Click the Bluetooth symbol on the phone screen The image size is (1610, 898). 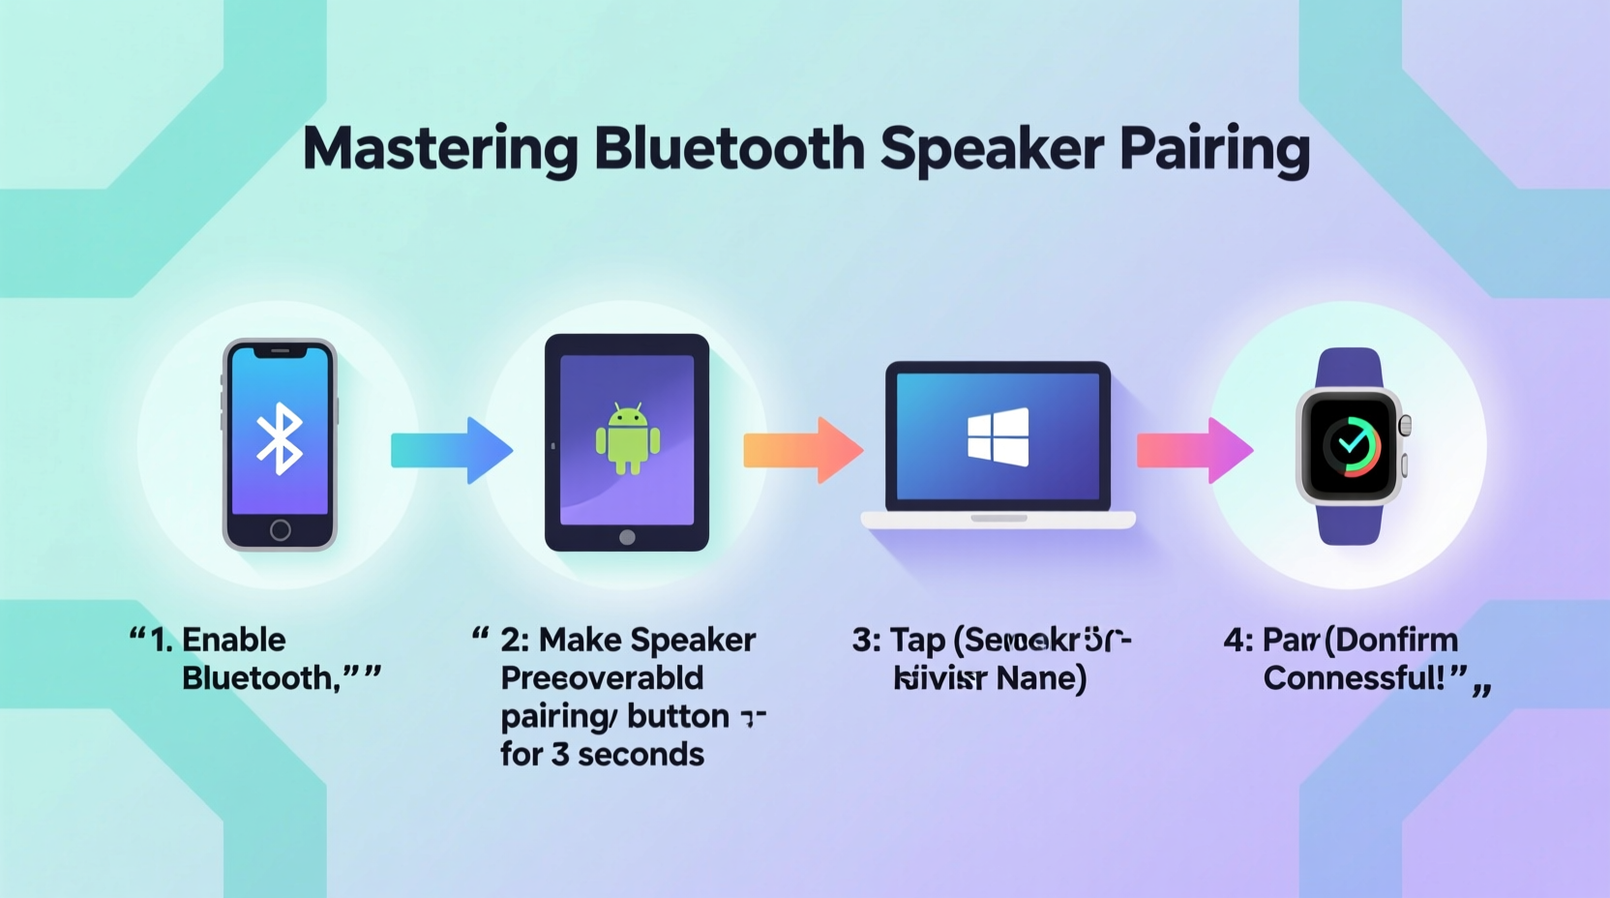coord(280,438)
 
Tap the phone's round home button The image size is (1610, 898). coord(281,529)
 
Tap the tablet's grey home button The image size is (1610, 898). coord(627,537)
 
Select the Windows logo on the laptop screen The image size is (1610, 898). coord(999,436)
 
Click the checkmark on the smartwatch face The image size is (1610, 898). coord(1352,444)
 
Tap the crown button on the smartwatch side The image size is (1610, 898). coord(1405,425)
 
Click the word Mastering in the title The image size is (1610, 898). coord(440,149)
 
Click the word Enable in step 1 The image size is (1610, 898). coord(233,640)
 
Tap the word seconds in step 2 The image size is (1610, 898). coord(641,754)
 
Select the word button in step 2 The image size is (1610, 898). coord(677,716)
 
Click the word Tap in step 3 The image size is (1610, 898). coord(917,641)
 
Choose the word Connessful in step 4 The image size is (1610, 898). coord(1353,677)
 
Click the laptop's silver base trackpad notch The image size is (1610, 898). coord(999,519)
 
